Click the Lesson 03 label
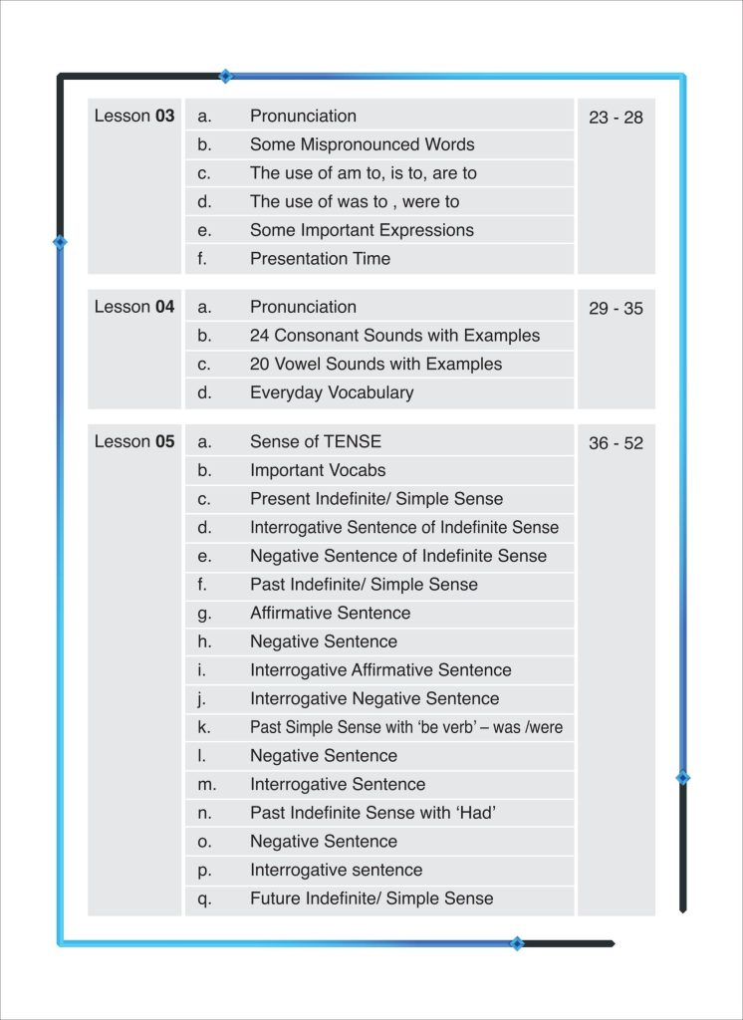[134, 116]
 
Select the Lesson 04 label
[134, 307]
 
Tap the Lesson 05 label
[134, 441]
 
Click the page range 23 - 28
[616, 118]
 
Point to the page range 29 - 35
[616, 309]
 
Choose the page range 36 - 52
[616, 443]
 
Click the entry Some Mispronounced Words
[362, 144]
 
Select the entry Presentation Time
[320, 258]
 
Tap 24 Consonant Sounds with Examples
[394, 336]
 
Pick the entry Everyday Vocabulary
[331, 392]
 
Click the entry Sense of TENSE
[315, 441]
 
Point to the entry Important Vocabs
[318, 470]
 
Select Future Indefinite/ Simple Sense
[371, 898]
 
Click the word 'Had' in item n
[476, 813]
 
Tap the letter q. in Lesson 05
[205, 898]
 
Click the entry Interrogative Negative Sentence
[374, 698]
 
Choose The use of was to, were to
[355, 201]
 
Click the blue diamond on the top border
[226, 76]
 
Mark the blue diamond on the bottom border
[516, 943]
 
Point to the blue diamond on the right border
[682, 777]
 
